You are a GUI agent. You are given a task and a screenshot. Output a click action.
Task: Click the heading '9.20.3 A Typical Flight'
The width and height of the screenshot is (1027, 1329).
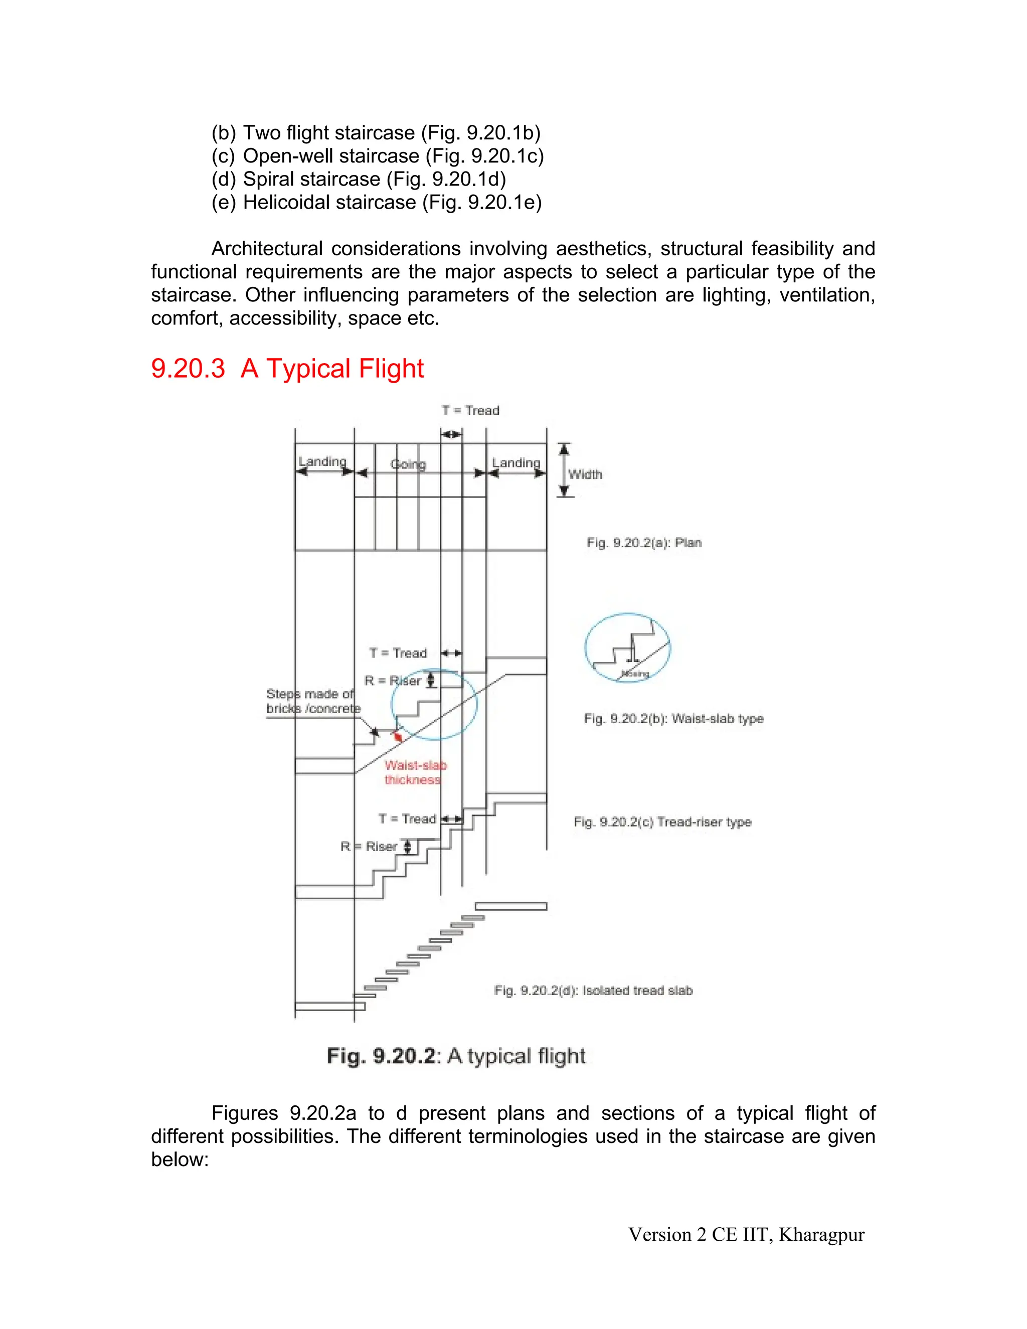(287, 369)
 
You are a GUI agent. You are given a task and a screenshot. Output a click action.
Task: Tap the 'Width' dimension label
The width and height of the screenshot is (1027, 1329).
(585, 474)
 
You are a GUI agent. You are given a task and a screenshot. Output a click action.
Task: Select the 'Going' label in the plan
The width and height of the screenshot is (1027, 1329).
(408, 464)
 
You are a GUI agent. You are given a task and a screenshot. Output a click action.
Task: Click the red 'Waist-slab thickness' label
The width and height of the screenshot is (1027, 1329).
(414, 773)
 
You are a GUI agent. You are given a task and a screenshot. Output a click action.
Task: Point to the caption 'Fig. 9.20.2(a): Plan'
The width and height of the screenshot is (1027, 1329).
(644, 543)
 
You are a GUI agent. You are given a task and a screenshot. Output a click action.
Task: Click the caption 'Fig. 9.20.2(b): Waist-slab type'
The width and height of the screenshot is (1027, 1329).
(673, 719)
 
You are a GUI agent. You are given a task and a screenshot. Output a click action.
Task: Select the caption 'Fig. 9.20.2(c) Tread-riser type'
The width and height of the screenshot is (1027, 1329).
(662, 822)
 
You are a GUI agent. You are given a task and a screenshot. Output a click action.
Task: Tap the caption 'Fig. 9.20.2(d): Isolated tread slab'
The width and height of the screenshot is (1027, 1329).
(593, 990)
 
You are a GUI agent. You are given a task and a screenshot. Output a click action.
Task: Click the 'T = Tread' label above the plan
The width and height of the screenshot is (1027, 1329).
(470, 411)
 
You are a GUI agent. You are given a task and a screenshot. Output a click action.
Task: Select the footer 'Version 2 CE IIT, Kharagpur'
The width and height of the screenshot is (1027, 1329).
(746, 1235)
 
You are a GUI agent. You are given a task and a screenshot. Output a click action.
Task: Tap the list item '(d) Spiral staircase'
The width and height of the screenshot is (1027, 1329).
(359, 179)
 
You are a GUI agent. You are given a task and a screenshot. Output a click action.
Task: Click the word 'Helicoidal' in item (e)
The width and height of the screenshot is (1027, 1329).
(287, 202)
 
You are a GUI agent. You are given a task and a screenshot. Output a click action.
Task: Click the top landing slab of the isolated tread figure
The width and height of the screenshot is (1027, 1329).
(510, 906)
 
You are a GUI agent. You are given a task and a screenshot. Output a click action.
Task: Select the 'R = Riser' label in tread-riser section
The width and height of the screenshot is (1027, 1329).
(369, 847)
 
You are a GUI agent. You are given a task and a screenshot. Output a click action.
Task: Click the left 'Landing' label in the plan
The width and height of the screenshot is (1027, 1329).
(322, 462)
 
